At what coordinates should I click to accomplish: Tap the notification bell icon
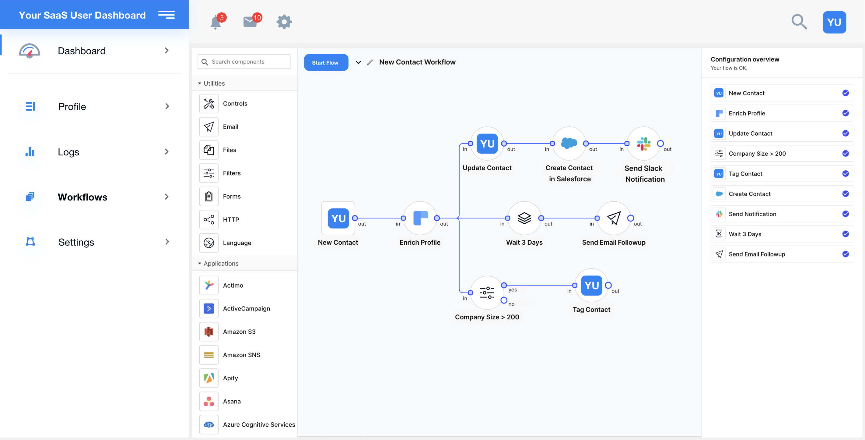(x=216, y=22)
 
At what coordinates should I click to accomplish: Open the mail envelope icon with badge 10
(x=250, y=22)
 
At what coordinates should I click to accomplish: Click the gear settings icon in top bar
(x=284, y=22)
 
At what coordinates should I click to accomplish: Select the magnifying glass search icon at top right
(x=799, y=22)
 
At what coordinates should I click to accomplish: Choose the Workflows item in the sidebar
(x=82, y=197)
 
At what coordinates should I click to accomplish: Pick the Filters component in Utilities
(x=232, y=173)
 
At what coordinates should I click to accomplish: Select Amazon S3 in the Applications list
(x=239, y=332)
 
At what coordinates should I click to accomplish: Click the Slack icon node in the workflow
(x=643, y=144)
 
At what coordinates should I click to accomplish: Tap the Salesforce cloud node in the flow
(x=569, y=144)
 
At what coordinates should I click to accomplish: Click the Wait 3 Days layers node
(x=524, y=218)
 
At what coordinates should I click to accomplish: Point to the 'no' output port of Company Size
(x=504, y=300)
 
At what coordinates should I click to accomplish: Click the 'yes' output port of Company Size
(x=504, y=286)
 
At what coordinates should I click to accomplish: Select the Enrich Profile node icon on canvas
(x=420, y=218)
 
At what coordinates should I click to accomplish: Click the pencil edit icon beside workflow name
(x=370, y=62)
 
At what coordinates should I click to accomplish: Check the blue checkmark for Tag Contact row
(x=845, y=174)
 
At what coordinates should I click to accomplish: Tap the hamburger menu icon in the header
(x=166, y=15)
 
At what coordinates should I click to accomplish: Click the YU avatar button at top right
(x=834, y=22)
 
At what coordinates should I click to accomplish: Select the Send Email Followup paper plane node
(x=614, y=218)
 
